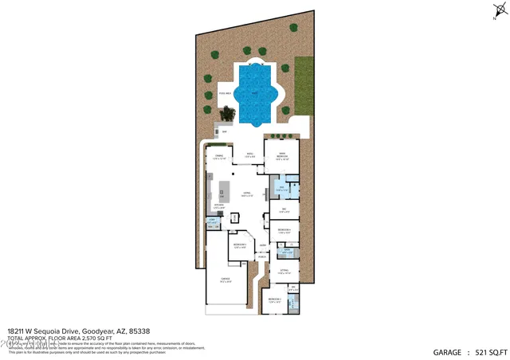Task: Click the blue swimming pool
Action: (255, 94)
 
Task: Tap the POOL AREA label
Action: (226, 94)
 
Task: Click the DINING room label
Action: (218, 156)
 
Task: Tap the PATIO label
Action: (249, 154)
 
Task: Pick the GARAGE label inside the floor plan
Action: (226, 279)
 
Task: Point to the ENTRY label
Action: (262, 245)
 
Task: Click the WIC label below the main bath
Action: (283, 209)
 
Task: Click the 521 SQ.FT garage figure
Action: (487, 351)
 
